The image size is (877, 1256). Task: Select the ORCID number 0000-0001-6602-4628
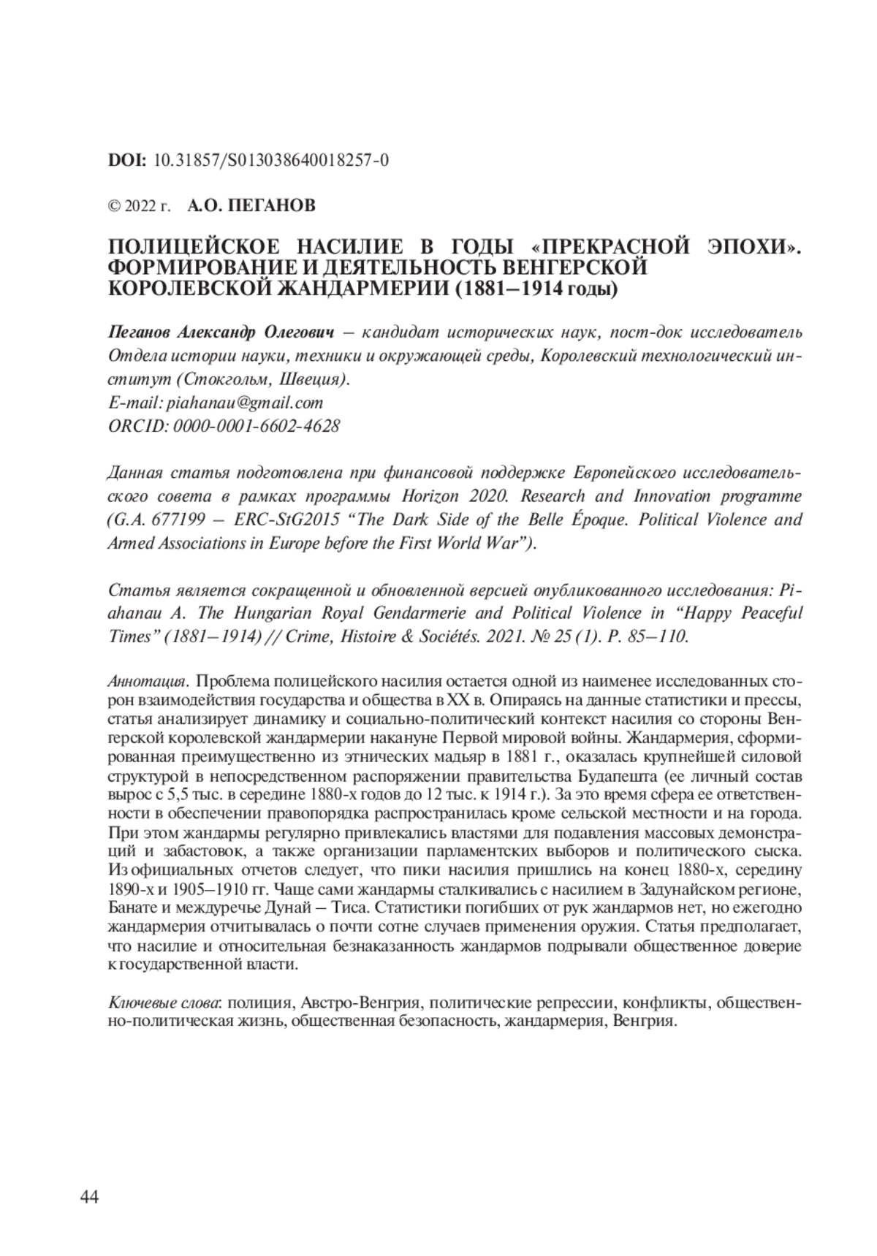pyautogui.click(x=257, y=425)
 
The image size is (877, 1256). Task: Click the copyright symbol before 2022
pyautogui.click(x=114, y=207)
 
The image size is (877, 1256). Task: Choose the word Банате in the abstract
pyautogui.click(x=132, y=909)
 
